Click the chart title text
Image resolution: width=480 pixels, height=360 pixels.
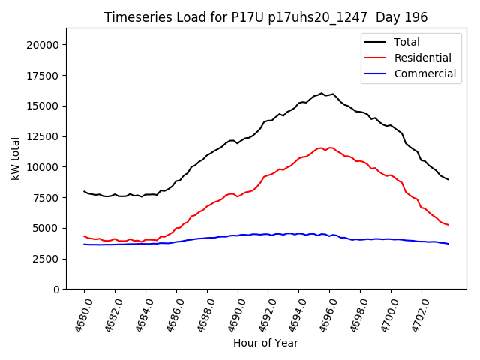click(265, 17)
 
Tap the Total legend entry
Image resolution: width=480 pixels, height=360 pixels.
click(406, 42)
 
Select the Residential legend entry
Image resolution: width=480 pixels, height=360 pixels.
click(422, 58)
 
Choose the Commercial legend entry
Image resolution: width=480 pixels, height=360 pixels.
click(424, 73)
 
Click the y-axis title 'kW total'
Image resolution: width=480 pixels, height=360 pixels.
click(16, 158)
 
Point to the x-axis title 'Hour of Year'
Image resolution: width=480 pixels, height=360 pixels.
click(265, 343)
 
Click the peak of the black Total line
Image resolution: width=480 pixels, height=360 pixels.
click(322, 93)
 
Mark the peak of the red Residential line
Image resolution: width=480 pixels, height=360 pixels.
click(322, 148)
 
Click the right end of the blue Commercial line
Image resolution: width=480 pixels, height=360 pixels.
click(448, 244)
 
